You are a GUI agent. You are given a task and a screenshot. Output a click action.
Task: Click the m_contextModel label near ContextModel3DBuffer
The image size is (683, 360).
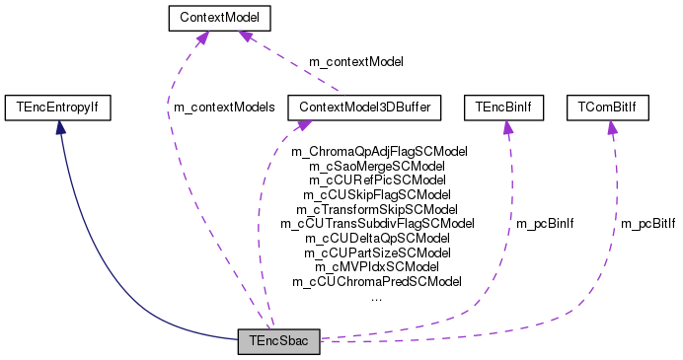[356, 62]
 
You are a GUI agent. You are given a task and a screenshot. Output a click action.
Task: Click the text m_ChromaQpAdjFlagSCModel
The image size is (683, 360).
[379, 152]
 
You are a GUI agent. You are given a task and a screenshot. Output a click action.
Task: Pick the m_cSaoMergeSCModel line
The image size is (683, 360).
[378, 167]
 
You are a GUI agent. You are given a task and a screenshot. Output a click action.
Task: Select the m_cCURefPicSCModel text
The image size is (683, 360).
[378, 180]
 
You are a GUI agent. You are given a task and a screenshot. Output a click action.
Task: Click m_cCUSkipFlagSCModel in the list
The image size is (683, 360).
[378, 195]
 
